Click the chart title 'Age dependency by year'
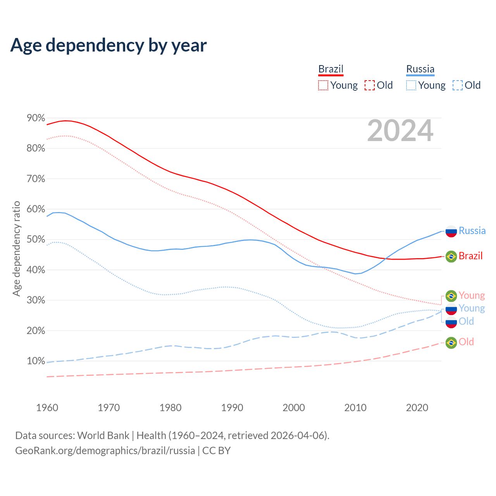tap(108, 45)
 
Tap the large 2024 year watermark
tap(400, 131)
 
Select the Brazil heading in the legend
tap(331, 69)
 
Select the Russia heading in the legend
tap(420, 69)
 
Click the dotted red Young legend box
tap(323, 85)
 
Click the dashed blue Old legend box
tap(458, 85)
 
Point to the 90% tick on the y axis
tap(36, 118)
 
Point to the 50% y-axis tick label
tap(36, 239)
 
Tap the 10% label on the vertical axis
tap(36, 361)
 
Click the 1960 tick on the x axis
tap(47, 408)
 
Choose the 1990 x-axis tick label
tap(232, 408)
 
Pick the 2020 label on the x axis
tap(417, 408)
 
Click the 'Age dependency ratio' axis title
tap(16, 248)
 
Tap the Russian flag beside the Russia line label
tap(451, 231)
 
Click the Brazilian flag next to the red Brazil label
tap(451, 256)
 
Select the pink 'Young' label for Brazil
tap(472, 296)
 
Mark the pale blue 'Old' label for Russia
tap(466, 321)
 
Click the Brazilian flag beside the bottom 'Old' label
tap(451, 342)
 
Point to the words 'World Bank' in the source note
tap(103, 436)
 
